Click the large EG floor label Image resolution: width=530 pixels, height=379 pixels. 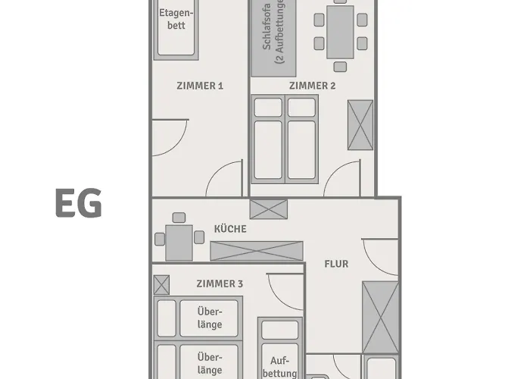(78, 204)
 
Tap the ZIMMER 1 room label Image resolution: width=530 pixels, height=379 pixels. (200, 86)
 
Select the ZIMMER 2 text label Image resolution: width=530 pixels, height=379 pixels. (312, 86)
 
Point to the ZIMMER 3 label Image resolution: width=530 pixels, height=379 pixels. (220, 283)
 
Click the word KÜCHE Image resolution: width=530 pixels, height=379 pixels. (230, 228)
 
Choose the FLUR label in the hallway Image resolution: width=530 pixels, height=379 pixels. (336, 264)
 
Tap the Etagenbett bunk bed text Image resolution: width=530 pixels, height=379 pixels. (176, 19)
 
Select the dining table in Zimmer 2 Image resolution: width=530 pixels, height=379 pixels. (340, 32)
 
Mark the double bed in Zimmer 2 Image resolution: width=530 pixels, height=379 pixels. (285, 139)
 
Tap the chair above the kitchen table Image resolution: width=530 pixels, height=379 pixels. (179, 218)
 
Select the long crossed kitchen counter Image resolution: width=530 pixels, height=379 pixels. (256, 251)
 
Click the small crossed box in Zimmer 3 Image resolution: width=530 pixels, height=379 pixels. (161, 285)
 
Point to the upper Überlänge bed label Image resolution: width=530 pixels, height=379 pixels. (210, 318)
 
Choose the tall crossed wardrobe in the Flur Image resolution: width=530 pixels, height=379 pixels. (380, 317)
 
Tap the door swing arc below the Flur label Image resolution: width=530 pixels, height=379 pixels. (379, 258)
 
